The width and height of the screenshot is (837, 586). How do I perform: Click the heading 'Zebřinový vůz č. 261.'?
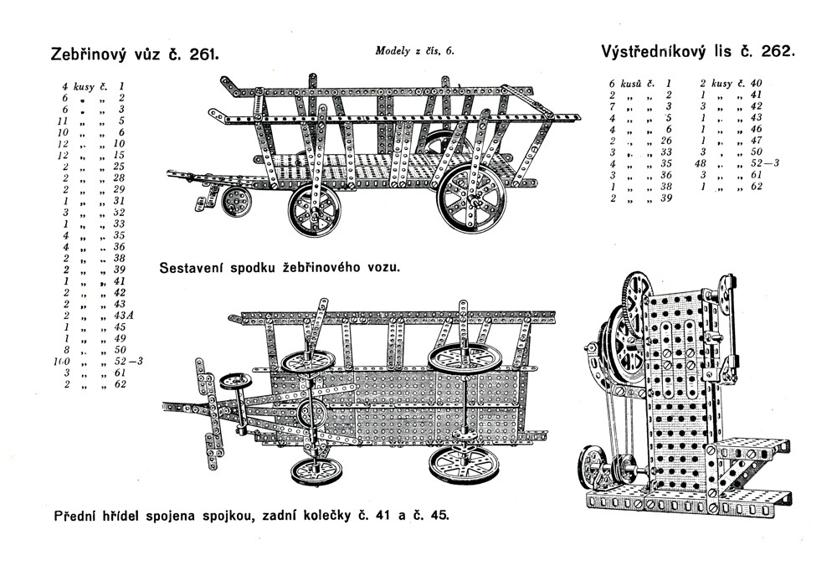[x=135, y=55]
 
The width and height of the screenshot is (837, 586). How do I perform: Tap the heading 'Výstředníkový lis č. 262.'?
[x=697, y=51]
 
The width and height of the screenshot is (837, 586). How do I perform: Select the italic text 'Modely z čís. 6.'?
[x=414, y=50]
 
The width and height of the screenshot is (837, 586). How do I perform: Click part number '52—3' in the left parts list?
[x=129, y=361]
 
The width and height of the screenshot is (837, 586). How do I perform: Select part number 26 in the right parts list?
[x=666, y=141]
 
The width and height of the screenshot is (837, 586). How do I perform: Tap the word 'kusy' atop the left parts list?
[x=85, y=85]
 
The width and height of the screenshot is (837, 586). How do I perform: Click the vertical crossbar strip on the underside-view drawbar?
[x=201, y=408]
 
